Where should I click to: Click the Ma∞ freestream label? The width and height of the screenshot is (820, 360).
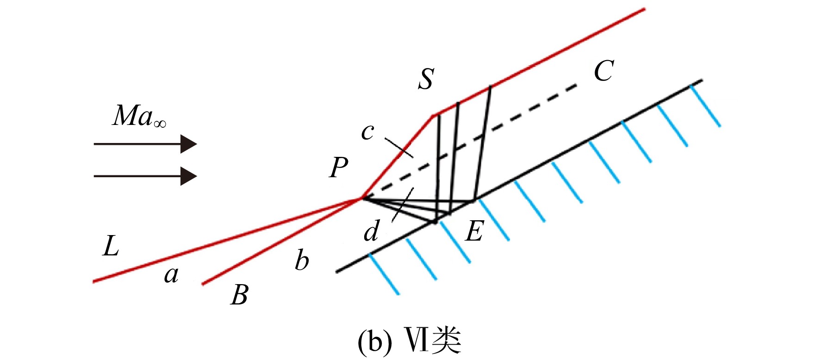(x=139, y=116)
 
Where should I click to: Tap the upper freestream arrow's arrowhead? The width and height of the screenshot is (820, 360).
(x=189, y=144)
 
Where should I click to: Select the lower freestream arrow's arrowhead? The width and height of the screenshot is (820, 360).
(x=189, y=176)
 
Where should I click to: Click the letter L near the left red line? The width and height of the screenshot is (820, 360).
(x=111, y=246)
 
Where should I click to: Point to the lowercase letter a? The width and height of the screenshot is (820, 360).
(x=171, y=275)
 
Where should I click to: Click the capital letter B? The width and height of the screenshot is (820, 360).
(x=239, y=294)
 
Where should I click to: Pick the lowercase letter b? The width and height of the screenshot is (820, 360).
(x=302, y=260)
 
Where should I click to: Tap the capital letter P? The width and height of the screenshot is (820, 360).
(x=339, y=167)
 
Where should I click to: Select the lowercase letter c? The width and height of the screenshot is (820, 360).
(x=367, y=132)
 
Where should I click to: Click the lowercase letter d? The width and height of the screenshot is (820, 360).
(x=372, y=231)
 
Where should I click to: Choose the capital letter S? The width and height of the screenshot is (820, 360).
(x=426, y=79)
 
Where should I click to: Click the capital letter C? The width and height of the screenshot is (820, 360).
(x=604, y=71)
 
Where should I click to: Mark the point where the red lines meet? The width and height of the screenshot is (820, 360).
(x=361, y=198)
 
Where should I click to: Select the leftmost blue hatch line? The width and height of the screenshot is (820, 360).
(x=384, y=274)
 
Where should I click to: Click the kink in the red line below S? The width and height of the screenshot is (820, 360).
(x=434, y=115)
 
